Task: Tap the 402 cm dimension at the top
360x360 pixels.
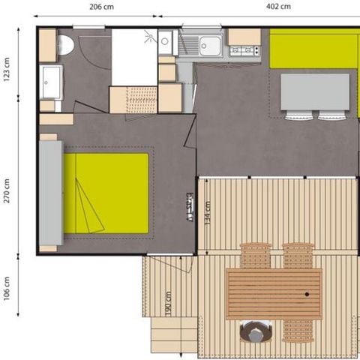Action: click(x=277, y=6)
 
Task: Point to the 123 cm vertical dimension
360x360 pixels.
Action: click(x=7, y=70)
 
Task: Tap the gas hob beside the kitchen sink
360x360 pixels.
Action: click(x=244, y=51)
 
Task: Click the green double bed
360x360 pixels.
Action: click(x=106, y=193)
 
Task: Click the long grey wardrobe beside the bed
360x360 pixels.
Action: click(x=50, y=192)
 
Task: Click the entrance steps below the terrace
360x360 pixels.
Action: click(x=174, y=334)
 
